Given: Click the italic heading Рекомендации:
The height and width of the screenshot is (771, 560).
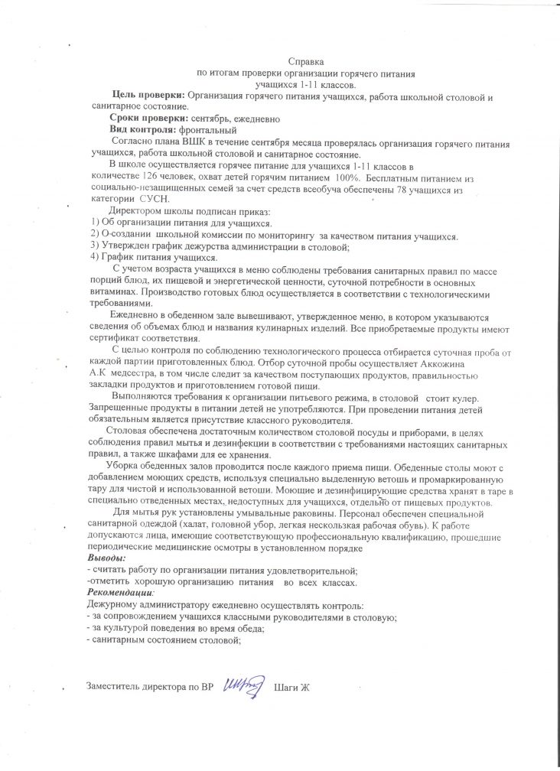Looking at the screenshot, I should [x=121, y=593].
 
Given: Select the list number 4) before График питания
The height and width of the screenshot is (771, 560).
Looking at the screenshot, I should [x=96, y=257].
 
